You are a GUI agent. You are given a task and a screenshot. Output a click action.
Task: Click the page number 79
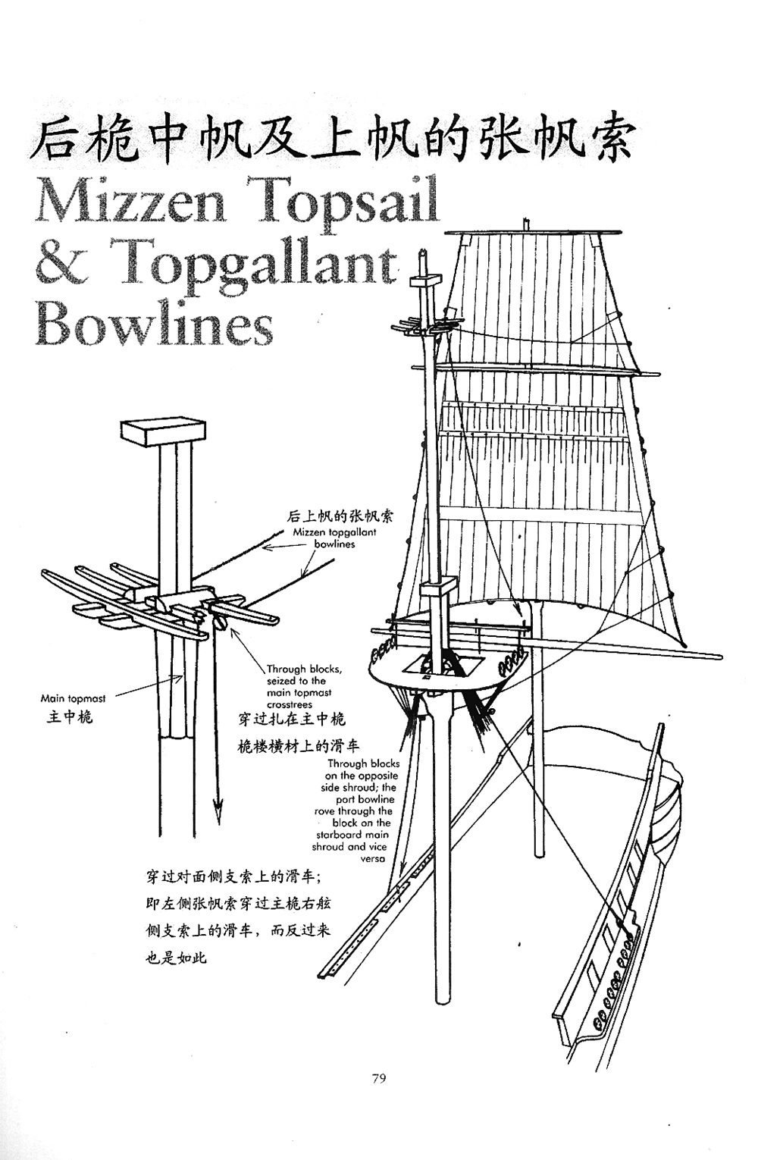coord(379,1077)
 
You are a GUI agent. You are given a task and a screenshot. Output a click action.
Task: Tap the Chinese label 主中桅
coord(70,716)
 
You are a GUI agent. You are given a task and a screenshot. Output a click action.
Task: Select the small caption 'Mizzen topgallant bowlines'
coord(334,538)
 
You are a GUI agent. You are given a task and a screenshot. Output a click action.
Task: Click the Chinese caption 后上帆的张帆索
coord(340,516)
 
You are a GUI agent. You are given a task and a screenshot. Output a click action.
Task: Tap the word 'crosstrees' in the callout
coord(290,704)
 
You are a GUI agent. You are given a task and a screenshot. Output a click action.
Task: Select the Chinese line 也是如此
coord(175,958)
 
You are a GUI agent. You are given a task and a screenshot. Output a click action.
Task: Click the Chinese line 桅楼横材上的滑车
coord(299,746)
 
